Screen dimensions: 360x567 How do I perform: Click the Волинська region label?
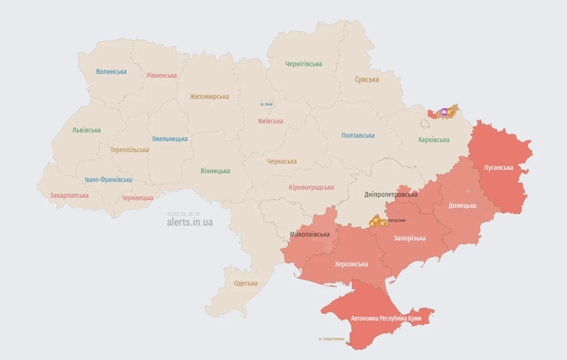click(x=111, y=72)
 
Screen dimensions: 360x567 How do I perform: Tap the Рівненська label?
click(x=162, y=75)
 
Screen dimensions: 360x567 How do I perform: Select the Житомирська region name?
click(x=209, y=96)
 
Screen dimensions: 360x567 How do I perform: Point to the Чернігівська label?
click(x=303, y=64)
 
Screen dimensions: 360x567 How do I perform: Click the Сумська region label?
click(x=367, y=80)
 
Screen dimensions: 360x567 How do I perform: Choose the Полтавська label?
click(x=358, y=135)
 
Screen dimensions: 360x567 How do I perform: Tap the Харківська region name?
click(x=434, y=140)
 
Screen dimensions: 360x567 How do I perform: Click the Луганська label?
click(x=498, y=168)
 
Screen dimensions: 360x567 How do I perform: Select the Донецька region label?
click(x=462, y=205)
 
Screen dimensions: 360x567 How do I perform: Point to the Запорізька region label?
click(x=410, y=238)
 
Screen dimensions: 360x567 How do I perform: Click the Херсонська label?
click(x=351, y=264)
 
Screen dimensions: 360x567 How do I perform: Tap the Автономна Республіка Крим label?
click(x=386, y=318)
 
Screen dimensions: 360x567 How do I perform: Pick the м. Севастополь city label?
click(x=332, y=339)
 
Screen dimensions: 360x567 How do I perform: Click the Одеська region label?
click(x=246, y=283)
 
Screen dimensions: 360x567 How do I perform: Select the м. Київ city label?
click(x=266, y=104)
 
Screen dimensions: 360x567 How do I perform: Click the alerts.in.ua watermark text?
click(x=190, y=222)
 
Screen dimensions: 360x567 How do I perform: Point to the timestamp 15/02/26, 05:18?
click(x=183, y=214)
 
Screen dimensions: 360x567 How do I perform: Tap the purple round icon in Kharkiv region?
click(x=444, y=112)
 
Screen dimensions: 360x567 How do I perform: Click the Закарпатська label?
click(x=69, y=195)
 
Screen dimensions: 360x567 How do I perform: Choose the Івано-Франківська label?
click(x=109, y=180)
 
